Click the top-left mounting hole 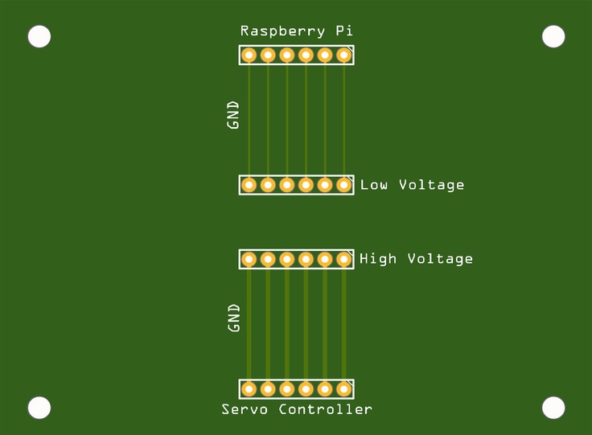39,36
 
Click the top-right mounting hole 553,36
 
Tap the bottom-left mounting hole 39,408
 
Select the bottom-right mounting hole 553,408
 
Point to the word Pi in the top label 343,31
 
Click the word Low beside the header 374,185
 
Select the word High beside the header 378,259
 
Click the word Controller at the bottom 326,409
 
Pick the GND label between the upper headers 233,115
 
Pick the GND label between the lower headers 234,318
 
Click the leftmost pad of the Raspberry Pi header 249,55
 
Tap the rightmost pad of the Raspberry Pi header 343,55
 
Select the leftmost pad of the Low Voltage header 249,185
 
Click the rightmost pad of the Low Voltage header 343,185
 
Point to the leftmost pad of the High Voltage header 249,259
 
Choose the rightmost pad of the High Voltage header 343,259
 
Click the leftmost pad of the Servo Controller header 249,389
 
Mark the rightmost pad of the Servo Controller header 343,389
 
